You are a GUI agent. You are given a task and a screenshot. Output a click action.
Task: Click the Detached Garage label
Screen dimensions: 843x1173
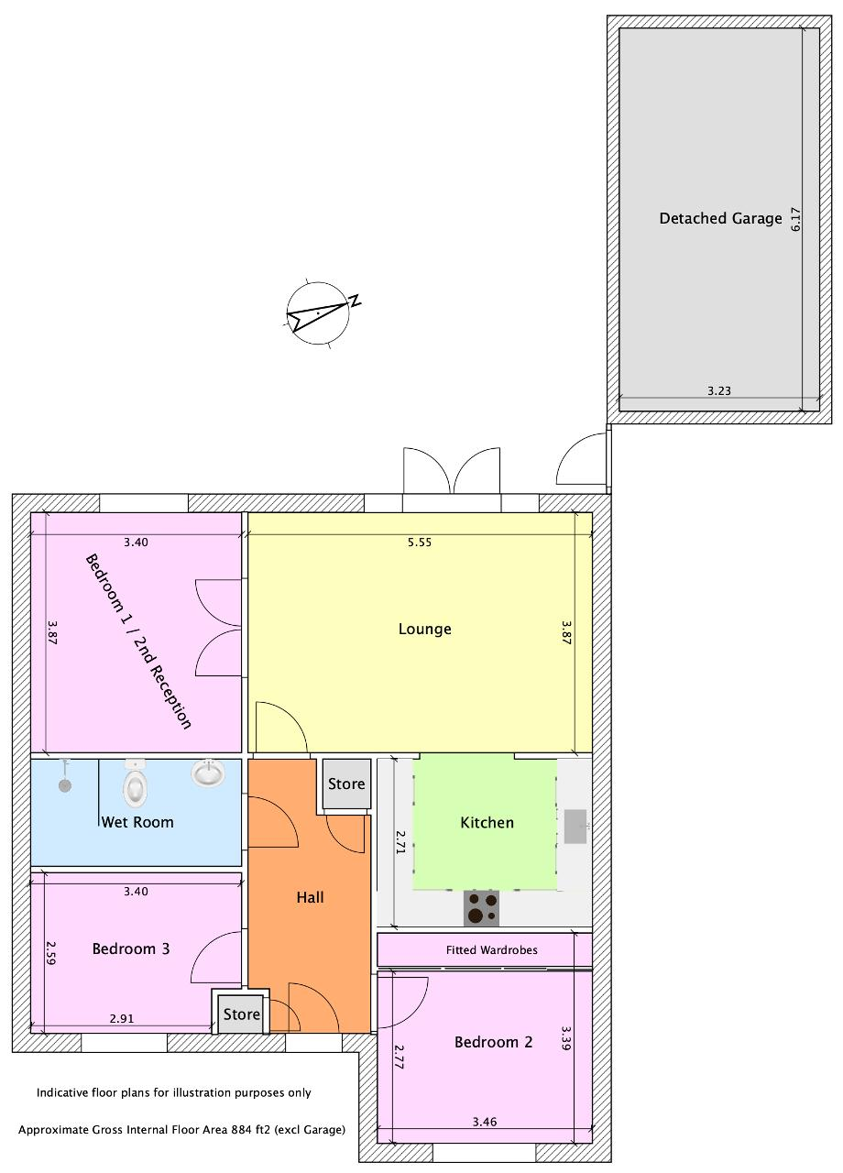pos(720,218)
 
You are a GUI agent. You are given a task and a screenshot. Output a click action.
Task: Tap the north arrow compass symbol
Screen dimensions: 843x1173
pos(318,313)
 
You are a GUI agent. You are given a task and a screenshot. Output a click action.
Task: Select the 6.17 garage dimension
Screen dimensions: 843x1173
pos(795,219)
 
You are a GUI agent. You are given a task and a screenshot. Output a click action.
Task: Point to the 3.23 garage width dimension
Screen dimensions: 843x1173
pos(719,390)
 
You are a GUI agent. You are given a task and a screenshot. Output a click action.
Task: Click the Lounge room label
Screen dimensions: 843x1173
pos(424,629)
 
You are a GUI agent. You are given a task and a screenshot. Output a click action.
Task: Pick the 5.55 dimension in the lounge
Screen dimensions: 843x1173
pos(420,543)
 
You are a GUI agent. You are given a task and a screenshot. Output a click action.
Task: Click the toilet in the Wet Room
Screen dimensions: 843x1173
pos(135,784)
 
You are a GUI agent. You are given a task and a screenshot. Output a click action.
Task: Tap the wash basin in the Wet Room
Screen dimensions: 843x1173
pos(208,773)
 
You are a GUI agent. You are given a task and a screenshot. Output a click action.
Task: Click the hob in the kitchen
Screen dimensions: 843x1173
pos(481,907)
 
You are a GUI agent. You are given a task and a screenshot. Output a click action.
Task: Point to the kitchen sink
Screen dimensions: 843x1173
pos(575,827)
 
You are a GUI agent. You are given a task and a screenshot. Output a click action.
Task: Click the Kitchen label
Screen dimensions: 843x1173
pos(487,823)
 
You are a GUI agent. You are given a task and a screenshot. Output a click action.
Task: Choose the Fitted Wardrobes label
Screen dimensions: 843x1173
pos(492,950)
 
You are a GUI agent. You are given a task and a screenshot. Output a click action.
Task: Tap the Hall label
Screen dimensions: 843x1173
pos(310,897)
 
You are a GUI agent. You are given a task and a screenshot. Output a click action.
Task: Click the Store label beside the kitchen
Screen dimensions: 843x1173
pos(346,784)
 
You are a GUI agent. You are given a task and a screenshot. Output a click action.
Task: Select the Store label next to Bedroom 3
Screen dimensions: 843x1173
pos(241,1014)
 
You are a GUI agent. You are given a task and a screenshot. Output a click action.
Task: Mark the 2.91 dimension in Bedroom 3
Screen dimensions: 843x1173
pos(122,1018)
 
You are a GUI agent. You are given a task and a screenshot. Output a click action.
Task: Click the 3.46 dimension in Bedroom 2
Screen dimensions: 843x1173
pos(485,1122)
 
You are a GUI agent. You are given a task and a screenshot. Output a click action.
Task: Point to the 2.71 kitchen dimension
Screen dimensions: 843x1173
pos(400,842)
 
